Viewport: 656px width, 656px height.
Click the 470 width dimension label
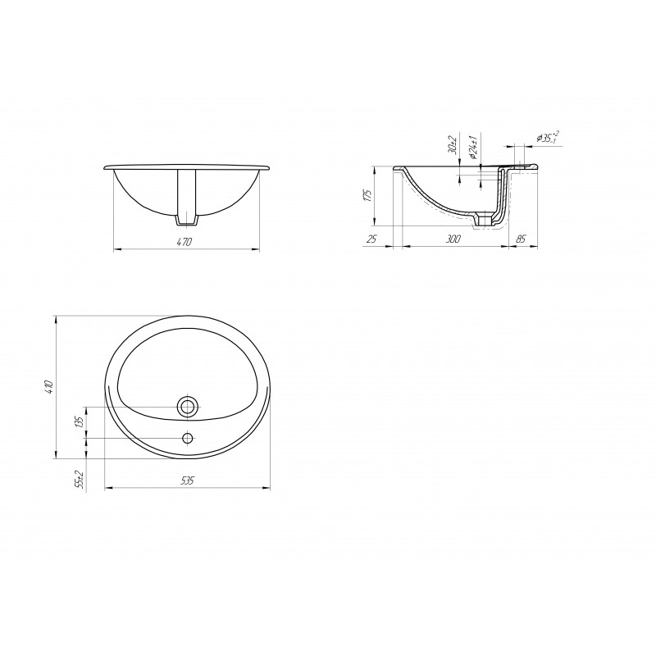click(184, 242)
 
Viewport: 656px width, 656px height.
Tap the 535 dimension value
click(187, 481)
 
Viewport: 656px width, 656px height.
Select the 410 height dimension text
click(48, 387)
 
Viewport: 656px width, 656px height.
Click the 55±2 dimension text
click(80, 480)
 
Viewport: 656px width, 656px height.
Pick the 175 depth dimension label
click(367, 196)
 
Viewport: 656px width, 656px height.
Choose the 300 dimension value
click(453, 239)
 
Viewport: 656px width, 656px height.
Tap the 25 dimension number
click(371, 239)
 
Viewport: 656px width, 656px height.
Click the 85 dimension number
click(521, 239)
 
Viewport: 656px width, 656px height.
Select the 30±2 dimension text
click(452, 144)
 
